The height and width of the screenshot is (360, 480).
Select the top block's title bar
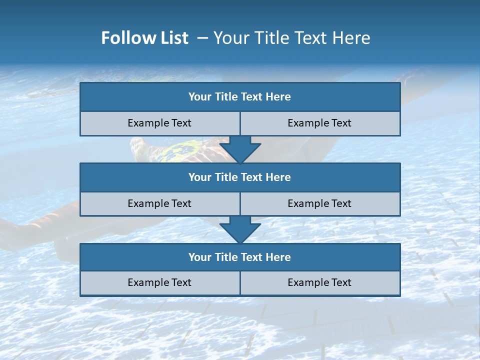[240, 97]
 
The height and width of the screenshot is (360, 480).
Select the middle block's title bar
[240, 177]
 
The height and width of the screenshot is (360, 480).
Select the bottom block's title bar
[240, 257]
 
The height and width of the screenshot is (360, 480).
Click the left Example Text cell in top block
[159, 123]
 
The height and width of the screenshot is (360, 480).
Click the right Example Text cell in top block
[320, 123]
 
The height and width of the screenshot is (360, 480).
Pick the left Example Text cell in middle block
[159, 203]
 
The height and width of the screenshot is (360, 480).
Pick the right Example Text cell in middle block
[320, 203]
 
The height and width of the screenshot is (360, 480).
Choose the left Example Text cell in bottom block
[159, 282]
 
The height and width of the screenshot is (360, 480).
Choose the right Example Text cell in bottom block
[320, 282]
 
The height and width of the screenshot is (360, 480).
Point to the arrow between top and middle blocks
[240, 149]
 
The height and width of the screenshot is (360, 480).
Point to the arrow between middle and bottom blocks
[240, 229]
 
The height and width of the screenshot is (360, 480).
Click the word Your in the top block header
[200, 97]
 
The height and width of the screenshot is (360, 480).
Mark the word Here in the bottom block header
[278, 257]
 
